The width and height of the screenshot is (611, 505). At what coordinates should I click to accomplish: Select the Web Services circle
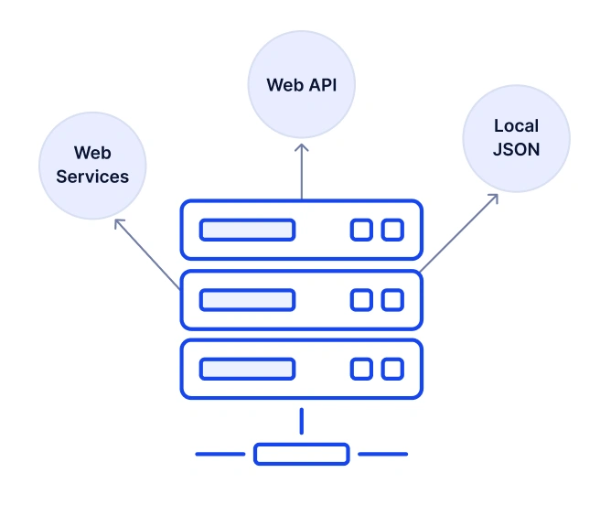click(x=92, y=166)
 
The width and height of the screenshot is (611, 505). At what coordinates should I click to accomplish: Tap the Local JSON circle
click(x=516, y=138)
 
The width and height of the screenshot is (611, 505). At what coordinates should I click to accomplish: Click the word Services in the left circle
click(x=92, y=177)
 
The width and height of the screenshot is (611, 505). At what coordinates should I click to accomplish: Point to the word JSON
click(x=516, y=148)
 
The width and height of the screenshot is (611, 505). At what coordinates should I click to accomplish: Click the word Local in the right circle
click(x=516, y=126)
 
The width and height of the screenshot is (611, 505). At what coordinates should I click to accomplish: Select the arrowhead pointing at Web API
click(x=301, y=146)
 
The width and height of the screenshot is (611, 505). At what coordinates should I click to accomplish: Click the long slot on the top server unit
click(x=247, y=230)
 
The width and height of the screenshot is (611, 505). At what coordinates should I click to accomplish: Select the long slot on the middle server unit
click(x=247, y=299)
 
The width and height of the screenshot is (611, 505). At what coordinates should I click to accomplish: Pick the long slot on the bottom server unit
click(x=247, y=369)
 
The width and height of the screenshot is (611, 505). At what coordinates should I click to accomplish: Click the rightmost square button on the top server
click(x=392, y=230)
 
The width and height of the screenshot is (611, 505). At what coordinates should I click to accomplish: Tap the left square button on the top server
click(x=361, y=230)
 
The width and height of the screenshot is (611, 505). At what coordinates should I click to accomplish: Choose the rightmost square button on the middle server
click(x=392, y=299)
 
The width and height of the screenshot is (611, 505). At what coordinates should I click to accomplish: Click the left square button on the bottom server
click(x=361, y=369)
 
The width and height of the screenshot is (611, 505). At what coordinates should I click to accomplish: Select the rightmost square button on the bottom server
click(x=392, y=369)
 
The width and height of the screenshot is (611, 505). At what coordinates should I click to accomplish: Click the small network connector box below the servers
click(x=301, y=454)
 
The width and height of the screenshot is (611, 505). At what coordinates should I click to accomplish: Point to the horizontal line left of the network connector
click(x=220, y=454)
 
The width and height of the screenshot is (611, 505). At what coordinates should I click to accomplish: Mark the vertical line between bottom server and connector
click(x=301, y=422)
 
